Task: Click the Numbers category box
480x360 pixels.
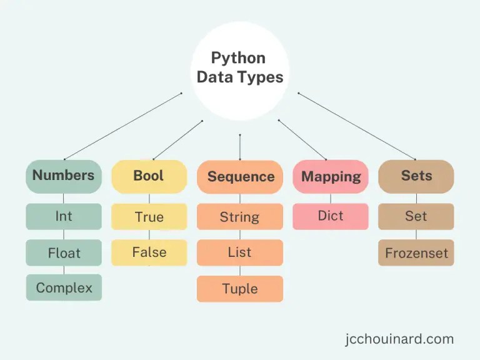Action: click(x=63, y=176)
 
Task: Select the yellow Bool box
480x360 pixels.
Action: click(x=149, y=176)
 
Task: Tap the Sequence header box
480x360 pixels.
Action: click(x=241, y=176)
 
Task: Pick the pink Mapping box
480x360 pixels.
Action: click(x=331, y=176)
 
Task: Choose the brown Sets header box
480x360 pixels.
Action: click(x=416, y=176)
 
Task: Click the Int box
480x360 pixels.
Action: click(x=63, y=216)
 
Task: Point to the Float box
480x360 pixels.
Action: click(x=63, y=252)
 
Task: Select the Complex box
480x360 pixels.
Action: click(x=63, y=287)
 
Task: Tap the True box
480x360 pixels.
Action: click(x=149, y=217)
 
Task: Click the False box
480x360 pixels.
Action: click(x=149, y=252)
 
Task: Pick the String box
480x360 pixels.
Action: click(x=240, y=217)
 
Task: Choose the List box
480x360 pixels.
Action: click(x=240, y=252)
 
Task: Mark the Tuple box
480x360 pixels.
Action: click(x=240, y=289)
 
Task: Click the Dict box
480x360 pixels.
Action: click(x=331, y=216)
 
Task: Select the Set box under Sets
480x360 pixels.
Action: click(x=416, y=216)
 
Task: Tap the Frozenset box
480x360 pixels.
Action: click(x=416, y=253)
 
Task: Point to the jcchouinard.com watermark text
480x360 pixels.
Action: click(x=399, y=339)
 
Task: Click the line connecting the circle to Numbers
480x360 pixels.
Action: click(x=123, y=126)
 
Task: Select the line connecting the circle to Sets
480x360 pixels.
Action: click(x=356, y=126)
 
